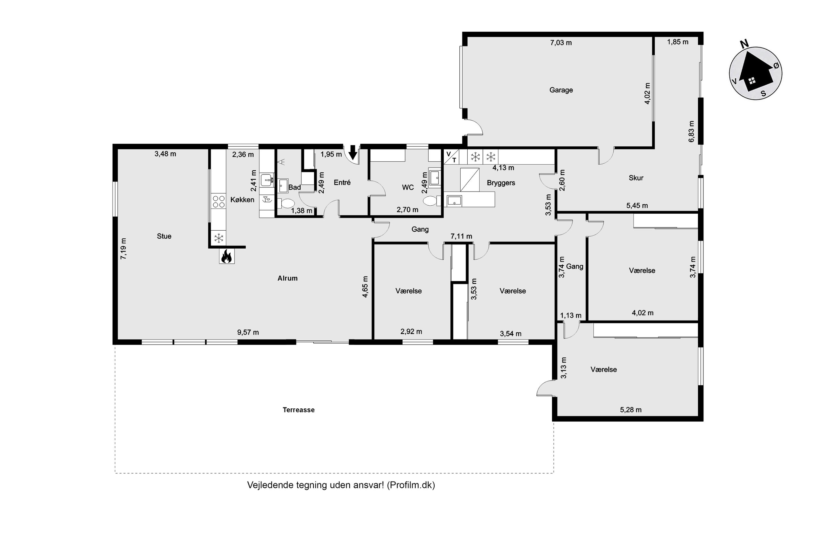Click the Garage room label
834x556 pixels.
(561, 90)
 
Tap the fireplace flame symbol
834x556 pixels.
(226, 256)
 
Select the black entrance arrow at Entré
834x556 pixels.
(352, 152)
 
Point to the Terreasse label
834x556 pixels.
(298, 410)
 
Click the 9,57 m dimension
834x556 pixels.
(248, 332)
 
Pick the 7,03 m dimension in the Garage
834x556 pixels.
(561, 43)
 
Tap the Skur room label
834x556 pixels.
(636, 178)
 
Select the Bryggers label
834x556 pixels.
(501, 183)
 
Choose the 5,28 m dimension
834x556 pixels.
(631, 410)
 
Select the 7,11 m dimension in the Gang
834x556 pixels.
(461, 236)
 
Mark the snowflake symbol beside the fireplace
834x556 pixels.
(219, 238)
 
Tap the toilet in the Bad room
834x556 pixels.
(286, 203)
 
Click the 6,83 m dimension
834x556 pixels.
(691, 132)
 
